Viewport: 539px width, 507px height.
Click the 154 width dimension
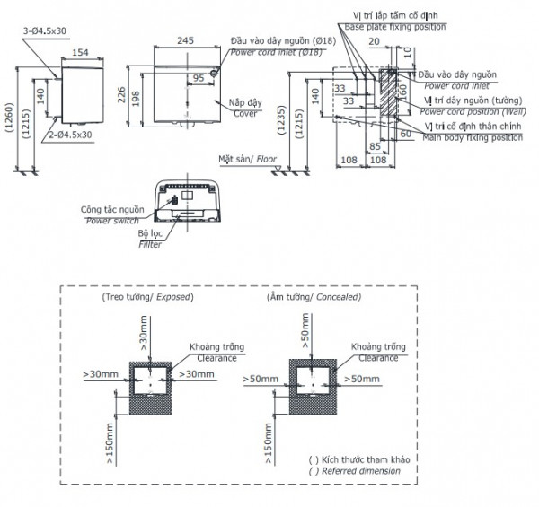(80, 53)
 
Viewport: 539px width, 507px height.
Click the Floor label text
(265, 159)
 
